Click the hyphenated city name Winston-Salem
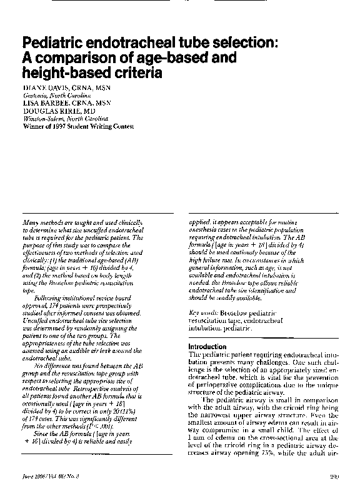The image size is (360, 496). coord(46,118)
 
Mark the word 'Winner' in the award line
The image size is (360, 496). coord(33,124)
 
